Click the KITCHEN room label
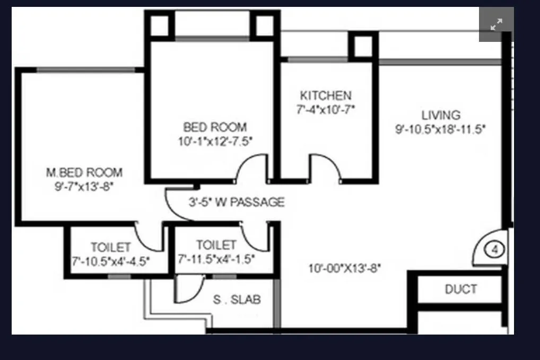(x=326, y=96)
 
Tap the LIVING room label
(x=441, y=115)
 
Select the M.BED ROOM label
(x=84, y=172)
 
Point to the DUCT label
(x=460, y=289)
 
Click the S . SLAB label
(x=237, y=300)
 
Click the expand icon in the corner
(x=497, y=24)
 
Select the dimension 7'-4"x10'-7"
(x=326, y=110)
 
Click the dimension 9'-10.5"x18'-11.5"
(x=441, y=129)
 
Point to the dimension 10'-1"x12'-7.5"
(x=215, y=141)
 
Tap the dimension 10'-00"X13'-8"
(x=345, y=268)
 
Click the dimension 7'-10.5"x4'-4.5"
(x=110, y=261)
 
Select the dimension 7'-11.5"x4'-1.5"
(x=216, y=259)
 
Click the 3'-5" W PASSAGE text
(x=237, y=202)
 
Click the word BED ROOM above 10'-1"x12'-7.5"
(x=215, y=127)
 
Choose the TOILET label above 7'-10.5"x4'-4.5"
(x=110, y=248)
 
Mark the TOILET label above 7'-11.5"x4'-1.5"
(x=216, y=245)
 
